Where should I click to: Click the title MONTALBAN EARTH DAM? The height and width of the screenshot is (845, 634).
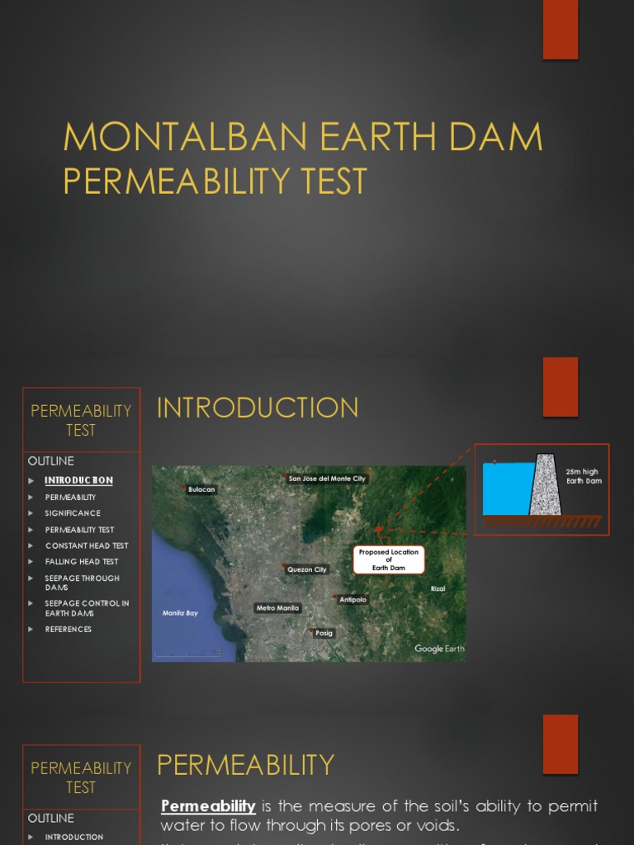coord(303,137)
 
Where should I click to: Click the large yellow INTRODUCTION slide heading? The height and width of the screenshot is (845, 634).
coord(258,408)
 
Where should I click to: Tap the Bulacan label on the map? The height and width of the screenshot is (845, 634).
coord(201,489)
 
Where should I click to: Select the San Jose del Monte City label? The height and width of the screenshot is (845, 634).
coord(327,479)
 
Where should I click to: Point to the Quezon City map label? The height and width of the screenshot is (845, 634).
coord(307,569)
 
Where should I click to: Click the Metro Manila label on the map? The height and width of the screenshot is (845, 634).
coord(277,608)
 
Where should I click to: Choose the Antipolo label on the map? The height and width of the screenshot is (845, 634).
coord(352,600)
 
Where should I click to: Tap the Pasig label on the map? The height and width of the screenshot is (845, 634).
coord(324,633)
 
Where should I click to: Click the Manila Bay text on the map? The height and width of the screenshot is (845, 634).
coord(180,613)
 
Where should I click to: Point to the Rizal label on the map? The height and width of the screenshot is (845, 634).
coord(438,588)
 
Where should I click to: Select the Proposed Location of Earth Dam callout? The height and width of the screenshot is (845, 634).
coord(389,559)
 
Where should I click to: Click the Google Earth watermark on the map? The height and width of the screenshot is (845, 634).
coord(439,649)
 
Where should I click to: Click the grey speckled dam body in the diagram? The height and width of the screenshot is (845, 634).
coord(544,488)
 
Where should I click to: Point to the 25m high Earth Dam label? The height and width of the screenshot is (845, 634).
coord(584,476)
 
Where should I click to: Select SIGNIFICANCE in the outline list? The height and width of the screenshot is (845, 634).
coord(73,513)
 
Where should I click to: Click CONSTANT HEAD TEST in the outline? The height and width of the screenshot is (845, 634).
coord(87,545)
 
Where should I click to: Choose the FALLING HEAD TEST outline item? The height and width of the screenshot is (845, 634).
coord(82,562)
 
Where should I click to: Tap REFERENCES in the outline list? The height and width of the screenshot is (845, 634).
coord(69,630)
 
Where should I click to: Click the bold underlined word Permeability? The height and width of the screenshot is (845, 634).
coord(208,805)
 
